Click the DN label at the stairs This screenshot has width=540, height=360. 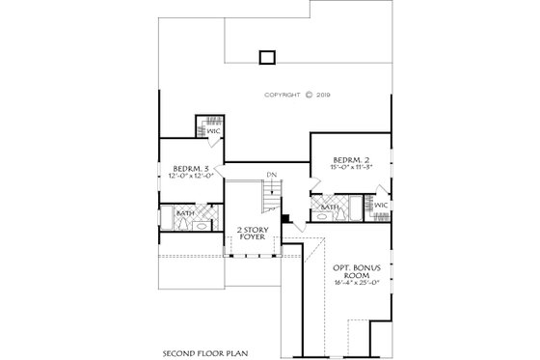pyautogui.click(x=272, y=175)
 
